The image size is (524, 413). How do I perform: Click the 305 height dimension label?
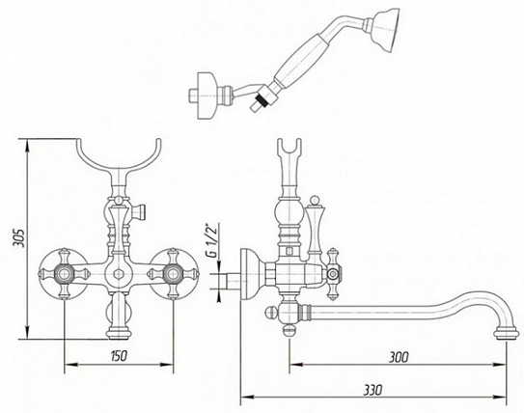click(18, 237)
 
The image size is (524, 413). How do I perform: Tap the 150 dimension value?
click(119, 355)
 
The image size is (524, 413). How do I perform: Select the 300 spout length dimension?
click(399, 357)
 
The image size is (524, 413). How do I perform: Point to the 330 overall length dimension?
click(372, 390)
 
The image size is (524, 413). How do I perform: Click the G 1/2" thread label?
click(212, 239)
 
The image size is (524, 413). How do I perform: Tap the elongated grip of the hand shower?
click(300, 58)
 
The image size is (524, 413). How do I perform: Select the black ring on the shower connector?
click(260, 100)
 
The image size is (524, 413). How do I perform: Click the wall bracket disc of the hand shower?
click(206, 96)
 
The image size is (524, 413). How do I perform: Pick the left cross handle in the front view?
click(64, 274)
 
